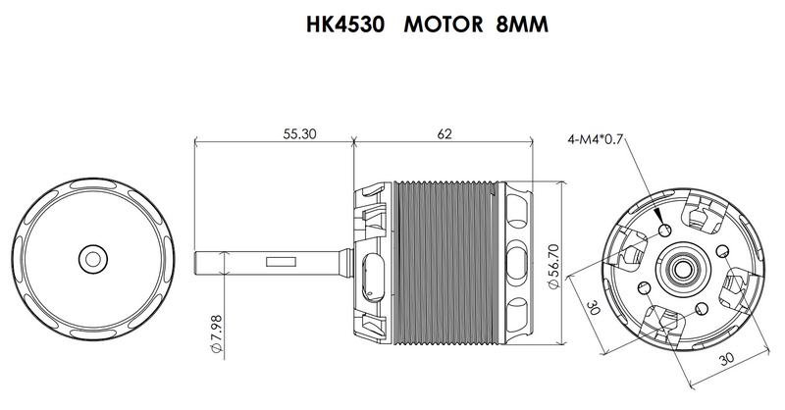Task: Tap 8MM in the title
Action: point(512,25)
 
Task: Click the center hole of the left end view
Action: point(93,258)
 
